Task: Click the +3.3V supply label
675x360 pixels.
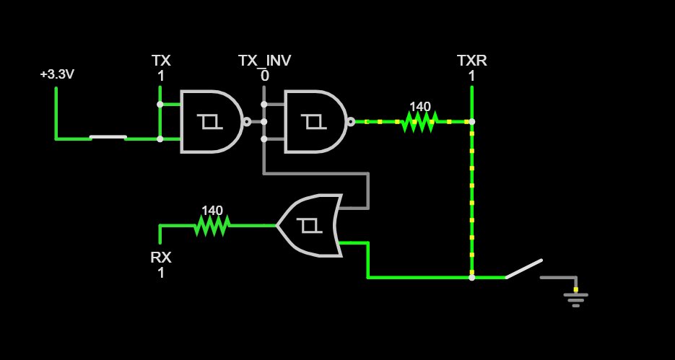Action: coord(57,74)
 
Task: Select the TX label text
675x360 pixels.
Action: coord(161,61)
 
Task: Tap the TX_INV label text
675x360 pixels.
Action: coord(265,61)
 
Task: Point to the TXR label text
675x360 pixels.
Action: coord(472,61)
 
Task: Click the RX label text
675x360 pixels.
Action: coord(161,258)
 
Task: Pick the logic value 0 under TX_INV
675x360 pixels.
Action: coord(265,76)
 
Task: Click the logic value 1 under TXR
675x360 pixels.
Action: coord(472,76)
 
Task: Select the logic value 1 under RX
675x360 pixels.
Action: coord(161,273)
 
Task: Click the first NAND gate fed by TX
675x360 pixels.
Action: coord(211,122)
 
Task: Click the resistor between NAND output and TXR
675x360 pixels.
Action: coord(419,122)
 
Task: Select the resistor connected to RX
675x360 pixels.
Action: coord(212,225)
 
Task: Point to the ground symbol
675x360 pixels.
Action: coord(576,299)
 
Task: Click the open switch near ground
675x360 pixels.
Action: coord(523,269)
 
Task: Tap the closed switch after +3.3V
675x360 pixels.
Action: coord(108,137)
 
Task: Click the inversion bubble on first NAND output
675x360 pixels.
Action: coord(247,122)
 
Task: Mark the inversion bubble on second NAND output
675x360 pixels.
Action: coord(351,122)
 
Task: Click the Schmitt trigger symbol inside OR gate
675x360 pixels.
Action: coord(309,225)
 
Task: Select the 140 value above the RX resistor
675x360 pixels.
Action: coord(212,211)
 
